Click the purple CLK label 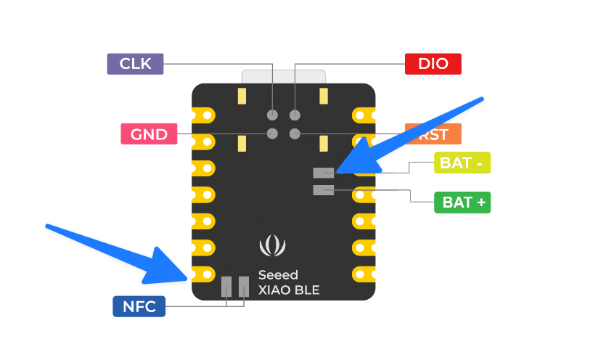click(135, 64)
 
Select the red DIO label click(433, 64)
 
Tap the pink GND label click(149, 134)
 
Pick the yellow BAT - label click(462, 163)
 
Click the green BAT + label click(462, 202)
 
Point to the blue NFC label click(139, 306)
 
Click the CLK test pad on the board click(273, 115)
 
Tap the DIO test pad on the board click(295, 115)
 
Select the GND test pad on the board click(273, 134)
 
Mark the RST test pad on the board click(295, 134)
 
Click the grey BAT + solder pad click(323, 190)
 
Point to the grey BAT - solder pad click(323, 173)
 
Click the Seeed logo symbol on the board click(273, 246)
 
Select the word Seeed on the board click(278, 276)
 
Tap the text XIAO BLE click(288, 290)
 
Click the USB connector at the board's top click(283, 76)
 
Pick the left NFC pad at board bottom click(226, 287)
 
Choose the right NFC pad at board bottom click(244, 287)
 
